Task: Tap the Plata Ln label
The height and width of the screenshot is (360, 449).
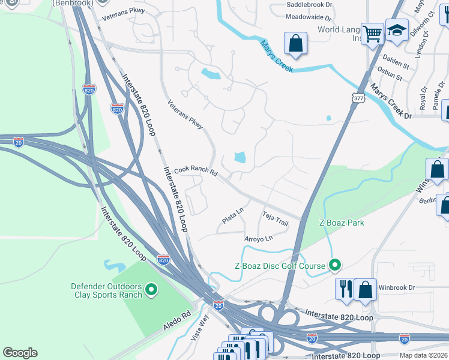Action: click(x=232, y=216)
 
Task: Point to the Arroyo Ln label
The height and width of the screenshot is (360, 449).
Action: click(x=259, y=239)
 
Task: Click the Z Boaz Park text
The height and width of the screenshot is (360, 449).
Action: click(x=342, y=223)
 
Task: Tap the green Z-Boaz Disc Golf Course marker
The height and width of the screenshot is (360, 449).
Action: click(x=335, y=265)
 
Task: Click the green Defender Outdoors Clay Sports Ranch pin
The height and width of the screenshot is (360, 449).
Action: click(x=151, y=290)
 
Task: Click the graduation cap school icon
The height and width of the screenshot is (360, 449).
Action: click(x=397, y=30)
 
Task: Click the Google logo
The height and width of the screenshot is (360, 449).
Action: click(x=20, y=353)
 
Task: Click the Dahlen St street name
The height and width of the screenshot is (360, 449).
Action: click(x=395, y=61)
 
